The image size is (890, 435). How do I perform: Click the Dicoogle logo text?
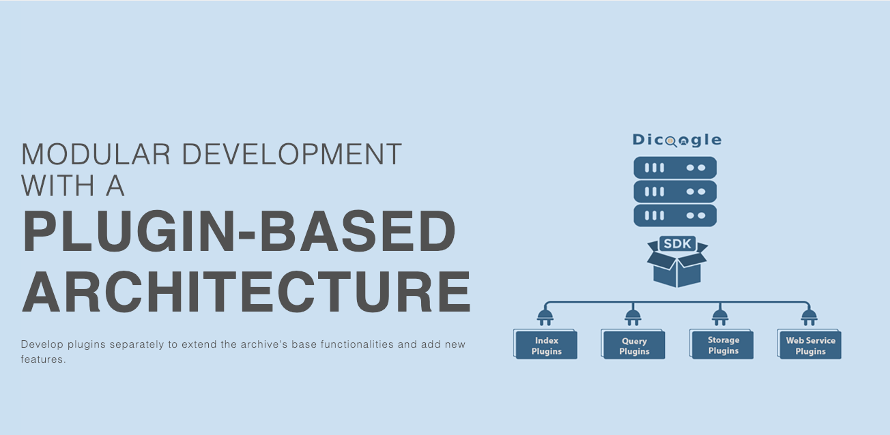[x=677, y=140]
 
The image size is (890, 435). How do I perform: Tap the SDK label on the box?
[x=678, y=243]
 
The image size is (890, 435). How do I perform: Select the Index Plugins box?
[x=545, y=344]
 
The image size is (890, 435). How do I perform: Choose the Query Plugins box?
[x=633, y=344]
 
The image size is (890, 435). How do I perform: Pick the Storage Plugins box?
[x=722, y=344]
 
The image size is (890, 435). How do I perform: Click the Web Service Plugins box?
[x=809, y=344]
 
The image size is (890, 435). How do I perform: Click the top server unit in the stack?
[x=675, y=168]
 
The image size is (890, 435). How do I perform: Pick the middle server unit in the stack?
[x=675, y=192]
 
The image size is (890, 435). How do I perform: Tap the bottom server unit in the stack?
[x=675, y=215]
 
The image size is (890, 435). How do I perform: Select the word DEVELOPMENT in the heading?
[x=292, y=154]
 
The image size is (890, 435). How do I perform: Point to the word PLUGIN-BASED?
[x=239, y=231]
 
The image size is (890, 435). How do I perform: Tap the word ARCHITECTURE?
[x=246, y=292]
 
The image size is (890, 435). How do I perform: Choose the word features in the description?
[x=43, y=359]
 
